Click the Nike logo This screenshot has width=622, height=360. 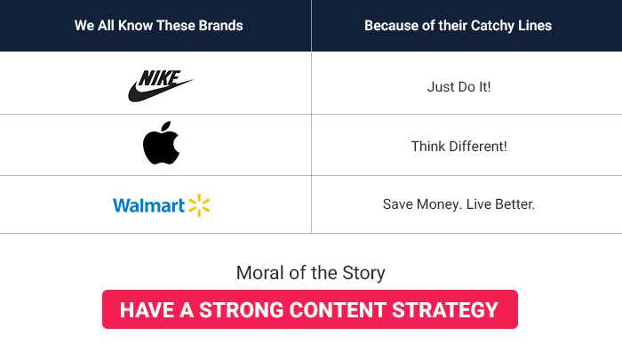coord(160,84)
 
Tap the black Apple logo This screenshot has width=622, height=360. coord(161,145)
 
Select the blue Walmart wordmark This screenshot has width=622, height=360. coord(148,205)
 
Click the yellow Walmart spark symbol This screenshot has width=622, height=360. coord(199,205)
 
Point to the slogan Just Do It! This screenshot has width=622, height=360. coord(459,87)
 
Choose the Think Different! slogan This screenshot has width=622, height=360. coord(459,146)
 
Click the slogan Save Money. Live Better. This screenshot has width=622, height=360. coord(459,204)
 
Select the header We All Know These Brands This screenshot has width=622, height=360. coord(158,26)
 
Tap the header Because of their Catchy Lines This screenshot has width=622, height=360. coord(458,26)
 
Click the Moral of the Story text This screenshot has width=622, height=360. coord(310,273)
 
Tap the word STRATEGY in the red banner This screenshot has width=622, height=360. coord(453,310)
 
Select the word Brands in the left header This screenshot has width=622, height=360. coord(220,26)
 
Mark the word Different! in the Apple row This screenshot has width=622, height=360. coord(478,146)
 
